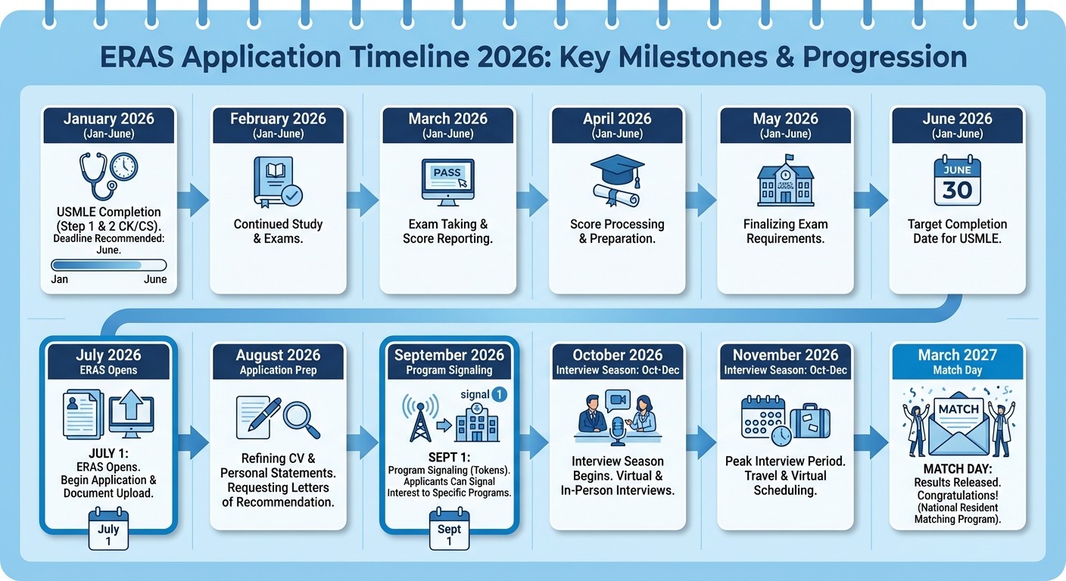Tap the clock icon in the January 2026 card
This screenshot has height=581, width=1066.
pyautogui.click(x=124, y=166)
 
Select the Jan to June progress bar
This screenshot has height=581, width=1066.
pyautogui.click(x=108, y=265)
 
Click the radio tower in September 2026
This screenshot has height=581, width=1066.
pyautogui.click(x=418, y=421)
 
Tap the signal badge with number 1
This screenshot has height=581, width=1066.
pyautogui.click(x=499, y=394)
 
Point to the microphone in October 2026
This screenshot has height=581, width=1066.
pyautogui.click(x=617, y=429)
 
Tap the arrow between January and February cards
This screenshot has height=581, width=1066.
pyautogui.click(x=194, y=200)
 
